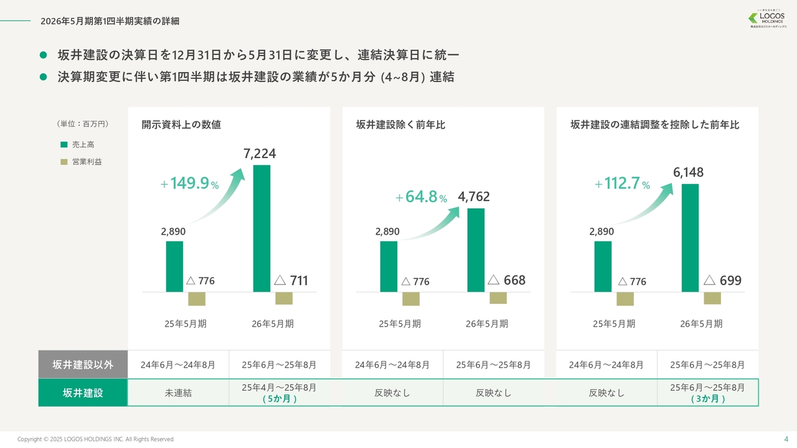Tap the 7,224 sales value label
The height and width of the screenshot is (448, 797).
[x=260, y=154]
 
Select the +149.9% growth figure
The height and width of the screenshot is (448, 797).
[x=189, y=184]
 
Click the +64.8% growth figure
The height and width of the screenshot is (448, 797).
[x=422, y=198]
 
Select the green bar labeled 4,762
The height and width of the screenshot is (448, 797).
[x=476, y=250]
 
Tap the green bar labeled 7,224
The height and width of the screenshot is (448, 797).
[x=262, y=228]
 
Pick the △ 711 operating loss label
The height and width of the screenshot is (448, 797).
[x=291, y=281]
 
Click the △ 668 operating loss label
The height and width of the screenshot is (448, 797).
[x=506, y=281]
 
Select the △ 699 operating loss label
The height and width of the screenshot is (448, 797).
[x=722, y=281]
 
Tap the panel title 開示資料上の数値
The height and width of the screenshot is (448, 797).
[x=181, y=125]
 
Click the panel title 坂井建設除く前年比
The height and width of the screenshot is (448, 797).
[x=400, y=125]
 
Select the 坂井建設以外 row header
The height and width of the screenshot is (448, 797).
[x=83, y=365]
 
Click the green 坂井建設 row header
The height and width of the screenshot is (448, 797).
[x=83, y=393]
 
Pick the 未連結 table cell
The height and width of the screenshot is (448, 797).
[x=178, y=393]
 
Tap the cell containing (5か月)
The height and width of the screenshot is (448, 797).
[x=279, y=393]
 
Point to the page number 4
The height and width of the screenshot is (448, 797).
[x=785, y=438]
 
